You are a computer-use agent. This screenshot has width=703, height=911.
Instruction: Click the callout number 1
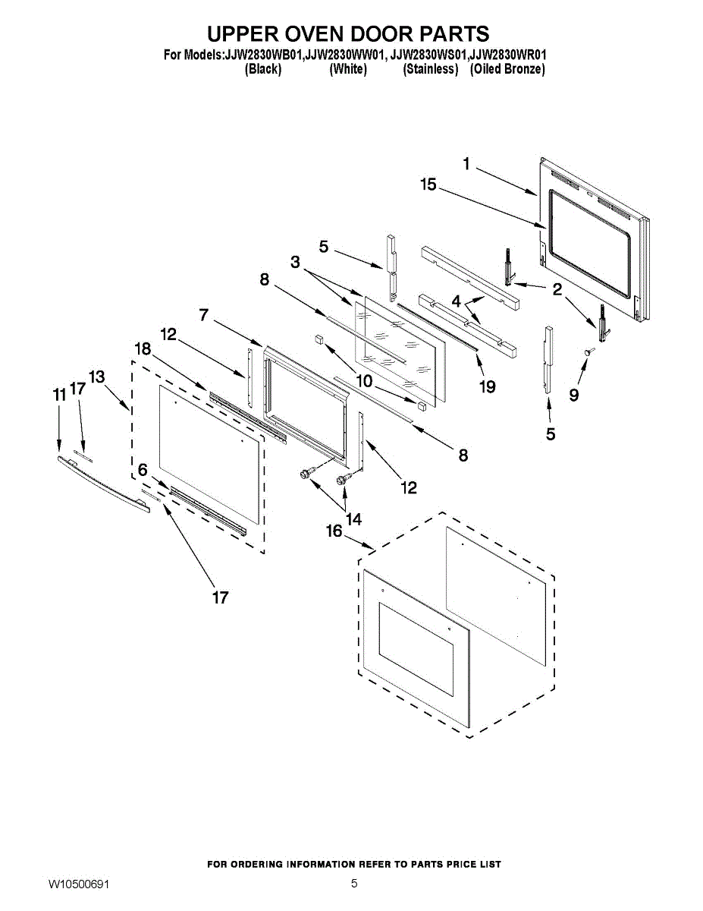tap(467, 163)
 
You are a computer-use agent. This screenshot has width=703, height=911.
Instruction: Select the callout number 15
tap(428, 184)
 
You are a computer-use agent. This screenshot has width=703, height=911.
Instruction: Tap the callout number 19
tap(487, 387)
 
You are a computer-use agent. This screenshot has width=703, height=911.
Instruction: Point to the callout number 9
tap(574, 396)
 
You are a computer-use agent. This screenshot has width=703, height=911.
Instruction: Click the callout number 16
tap(334, 531)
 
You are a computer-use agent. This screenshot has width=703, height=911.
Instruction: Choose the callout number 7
tap(204, 315)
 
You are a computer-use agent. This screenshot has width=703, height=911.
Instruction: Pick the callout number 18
tap(143, 348)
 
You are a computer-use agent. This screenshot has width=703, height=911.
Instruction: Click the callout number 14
tap(353, 519)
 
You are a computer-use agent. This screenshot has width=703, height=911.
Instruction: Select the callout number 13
tap(96, 377)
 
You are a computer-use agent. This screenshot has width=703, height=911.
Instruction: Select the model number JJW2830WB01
tap(264, 55)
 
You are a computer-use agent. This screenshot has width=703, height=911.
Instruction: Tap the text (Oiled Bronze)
tap(507, 69)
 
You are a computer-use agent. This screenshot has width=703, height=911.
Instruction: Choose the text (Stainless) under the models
tap(430, 69)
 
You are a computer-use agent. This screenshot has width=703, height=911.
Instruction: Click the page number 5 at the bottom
tap(354, 884)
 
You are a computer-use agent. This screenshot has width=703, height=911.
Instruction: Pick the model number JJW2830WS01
tap(429, 55)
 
